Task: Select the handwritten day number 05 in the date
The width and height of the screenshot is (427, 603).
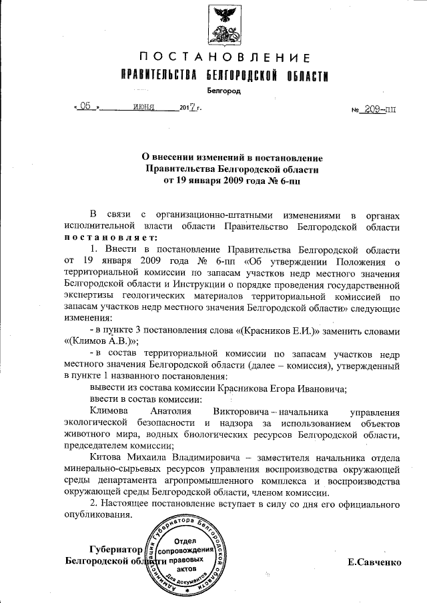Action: click(x=85, y=106)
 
